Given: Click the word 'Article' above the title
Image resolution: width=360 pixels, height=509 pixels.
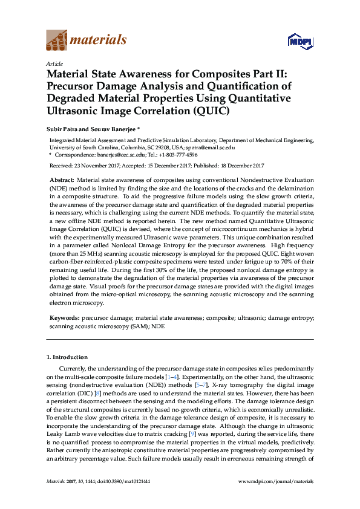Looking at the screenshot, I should click(x=54, y=63).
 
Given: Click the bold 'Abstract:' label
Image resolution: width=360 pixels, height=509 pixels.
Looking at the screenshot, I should click(x=61, y=180).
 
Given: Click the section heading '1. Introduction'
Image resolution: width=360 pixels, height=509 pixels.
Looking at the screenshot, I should click(x=67, y=357).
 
